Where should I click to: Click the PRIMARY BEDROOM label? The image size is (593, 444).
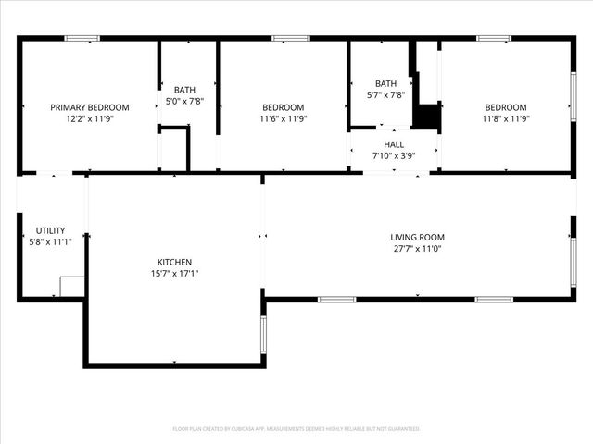click(x=90, y=107)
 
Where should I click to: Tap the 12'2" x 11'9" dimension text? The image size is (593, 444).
click(x=90, y=118)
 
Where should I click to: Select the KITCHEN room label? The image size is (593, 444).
click(x=174, y=262)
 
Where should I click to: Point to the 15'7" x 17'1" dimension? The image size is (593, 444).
click(x=174, y=273)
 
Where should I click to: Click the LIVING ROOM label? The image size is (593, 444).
click(x=417, y=237)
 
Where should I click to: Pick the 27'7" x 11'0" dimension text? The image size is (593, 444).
click(x=417, y=248)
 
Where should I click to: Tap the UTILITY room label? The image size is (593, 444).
click(x=50, y=230)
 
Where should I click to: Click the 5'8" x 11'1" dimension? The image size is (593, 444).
click(x=50, y=241)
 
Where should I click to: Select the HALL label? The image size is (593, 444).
click(x=394, y=144)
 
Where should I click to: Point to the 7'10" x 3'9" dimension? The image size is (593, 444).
click(x=394, y=155)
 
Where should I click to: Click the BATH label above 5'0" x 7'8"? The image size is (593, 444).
click(x=184, y=90)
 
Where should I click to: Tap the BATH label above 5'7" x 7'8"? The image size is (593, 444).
click(x=385, y=83)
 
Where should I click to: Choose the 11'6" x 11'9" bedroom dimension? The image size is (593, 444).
click(x=283, y=118)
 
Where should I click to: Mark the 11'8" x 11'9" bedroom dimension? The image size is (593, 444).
click(x=505, y=118)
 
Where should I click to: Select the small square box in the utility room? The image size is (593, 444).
click(x=72, y=286)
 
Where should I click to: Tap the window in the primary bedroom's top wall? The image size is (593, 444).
click(x=82, y=38)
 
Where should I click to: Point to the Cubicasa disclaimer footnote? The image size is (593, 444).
click(x=296, y=429)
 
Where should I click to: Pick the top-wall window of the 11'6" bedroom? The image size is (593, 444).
click(x=291, y=38)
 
